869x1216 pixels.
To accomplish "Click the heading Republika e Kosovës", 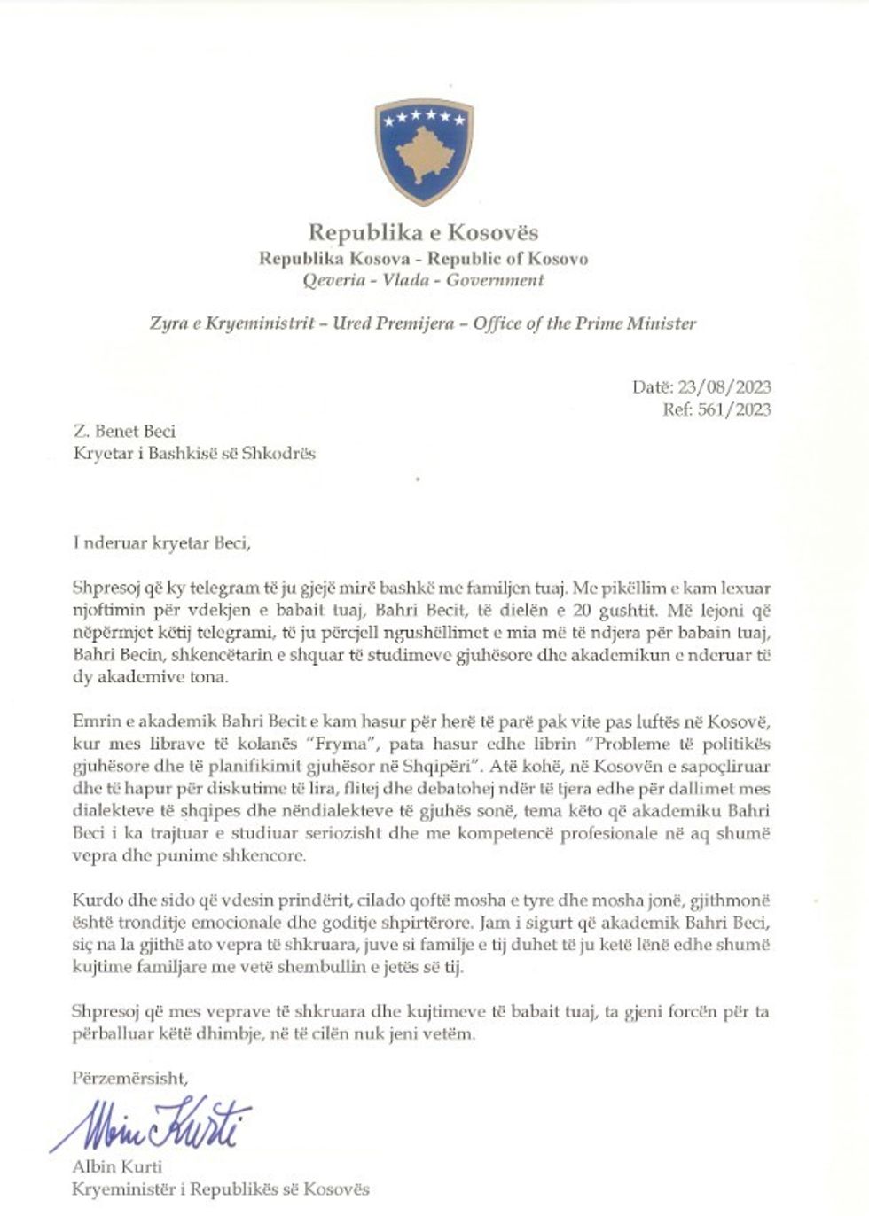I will click(x=423, y=233).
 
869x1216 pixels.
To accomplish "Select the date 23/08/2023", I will click(x=724, y=386).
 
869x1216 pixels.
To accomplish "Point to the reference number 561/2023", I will click(x=736, y=409).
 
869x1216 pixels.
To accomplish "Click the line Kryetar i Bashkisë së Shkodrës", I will click(x=194, y=454).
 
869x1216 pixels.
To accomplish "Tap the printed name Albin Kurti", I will click(x=111, y=1167).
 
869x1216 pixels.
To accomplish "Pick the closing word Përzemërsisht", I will click(x=130, y=1079).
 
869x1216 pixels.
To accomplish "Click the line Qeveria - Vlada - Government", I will click(x=423, y=280).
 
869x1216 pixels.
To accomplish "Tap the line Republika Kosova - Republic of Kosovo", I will click(x=423, y=258).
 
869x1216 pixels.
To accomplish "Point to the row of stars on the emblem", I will click(x=424, y=116).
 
